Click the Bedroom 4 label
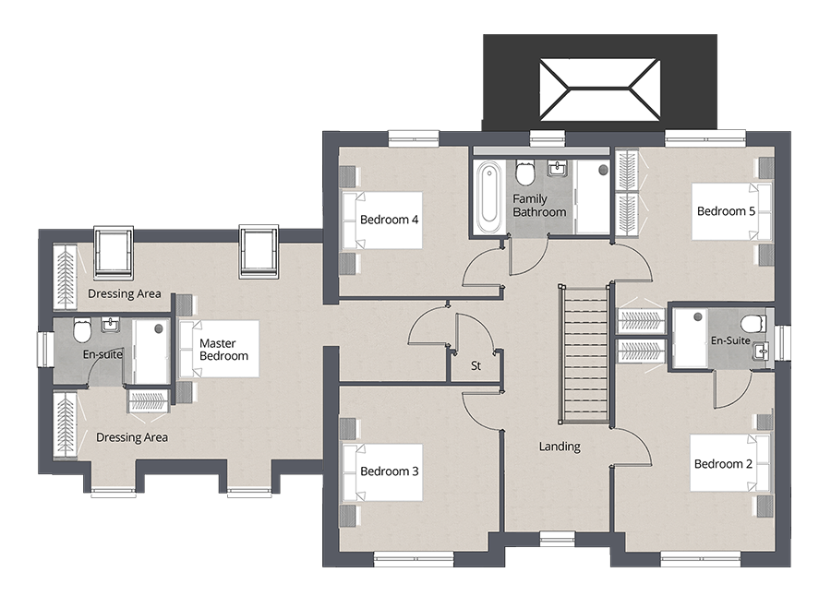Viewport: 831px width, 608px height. (390, 220)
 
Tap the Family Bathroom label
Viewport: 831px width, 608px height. (539, 206)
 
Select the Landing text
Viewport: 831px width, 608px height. (560, 447)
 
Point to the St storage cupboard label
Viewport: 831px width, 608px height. (476, 366)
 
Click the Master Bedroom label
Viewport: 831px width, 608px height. (223, 350)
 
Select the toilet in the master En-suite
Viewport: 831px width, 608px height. (82, 329)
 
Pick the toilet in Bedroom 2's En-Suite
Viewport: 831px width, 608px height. (753, 323)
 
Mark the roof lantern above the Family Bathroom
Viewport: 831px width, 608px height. (599, 88)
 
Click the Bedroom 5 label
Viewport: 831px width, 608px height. (726, 211)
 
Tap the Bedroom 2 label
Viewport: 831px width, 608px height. (723, 463)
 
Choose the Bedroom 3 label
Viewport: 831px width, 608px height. (390, 471)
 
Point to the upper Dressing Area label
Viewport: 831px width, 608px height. (124, 294)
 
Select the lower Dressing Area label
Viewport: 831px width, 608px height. (132, 437)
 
